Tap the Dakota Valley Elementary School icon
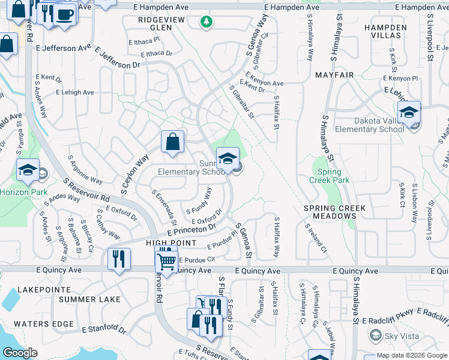(x=409, y=113)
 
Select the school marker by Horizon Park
(x=28, y=171)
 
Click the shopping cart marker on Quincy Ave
(x=166, y=260)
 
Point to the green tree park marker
(x=206, y=22)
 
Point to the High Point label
(x=170, y=242)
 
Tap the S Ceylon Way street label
(x=134, y=175)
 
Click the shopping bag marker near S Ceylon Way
(x=172, y=142)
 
